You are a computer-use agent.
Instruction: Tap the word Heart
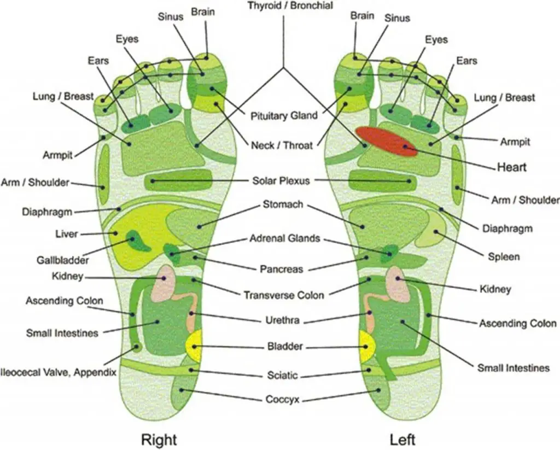click(511, 166)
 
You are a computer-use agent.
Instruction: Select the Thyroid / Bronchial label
click(283, 7)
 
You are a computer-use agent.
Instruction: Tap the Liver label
click(67, 234)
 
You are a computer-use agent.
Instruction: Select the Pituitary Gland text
click(283, 116)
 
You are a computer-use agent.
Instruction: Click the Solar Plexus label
click(281, 180)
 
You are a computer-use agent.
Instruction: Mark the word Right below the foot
click(159, 439)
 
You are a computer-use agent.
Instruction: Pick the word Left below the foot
click(402, 439)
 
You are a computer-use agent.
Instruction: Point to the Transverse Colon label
click(283, 295)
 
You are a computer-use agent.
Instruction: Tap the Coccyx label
click(282, 400)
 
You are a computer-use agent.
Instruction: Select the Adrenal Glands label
click(284, 239)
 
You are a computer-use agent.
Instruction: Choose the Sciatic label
click(282, 375)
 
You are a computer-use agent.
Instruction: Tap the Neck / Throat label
click(282, 145)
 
